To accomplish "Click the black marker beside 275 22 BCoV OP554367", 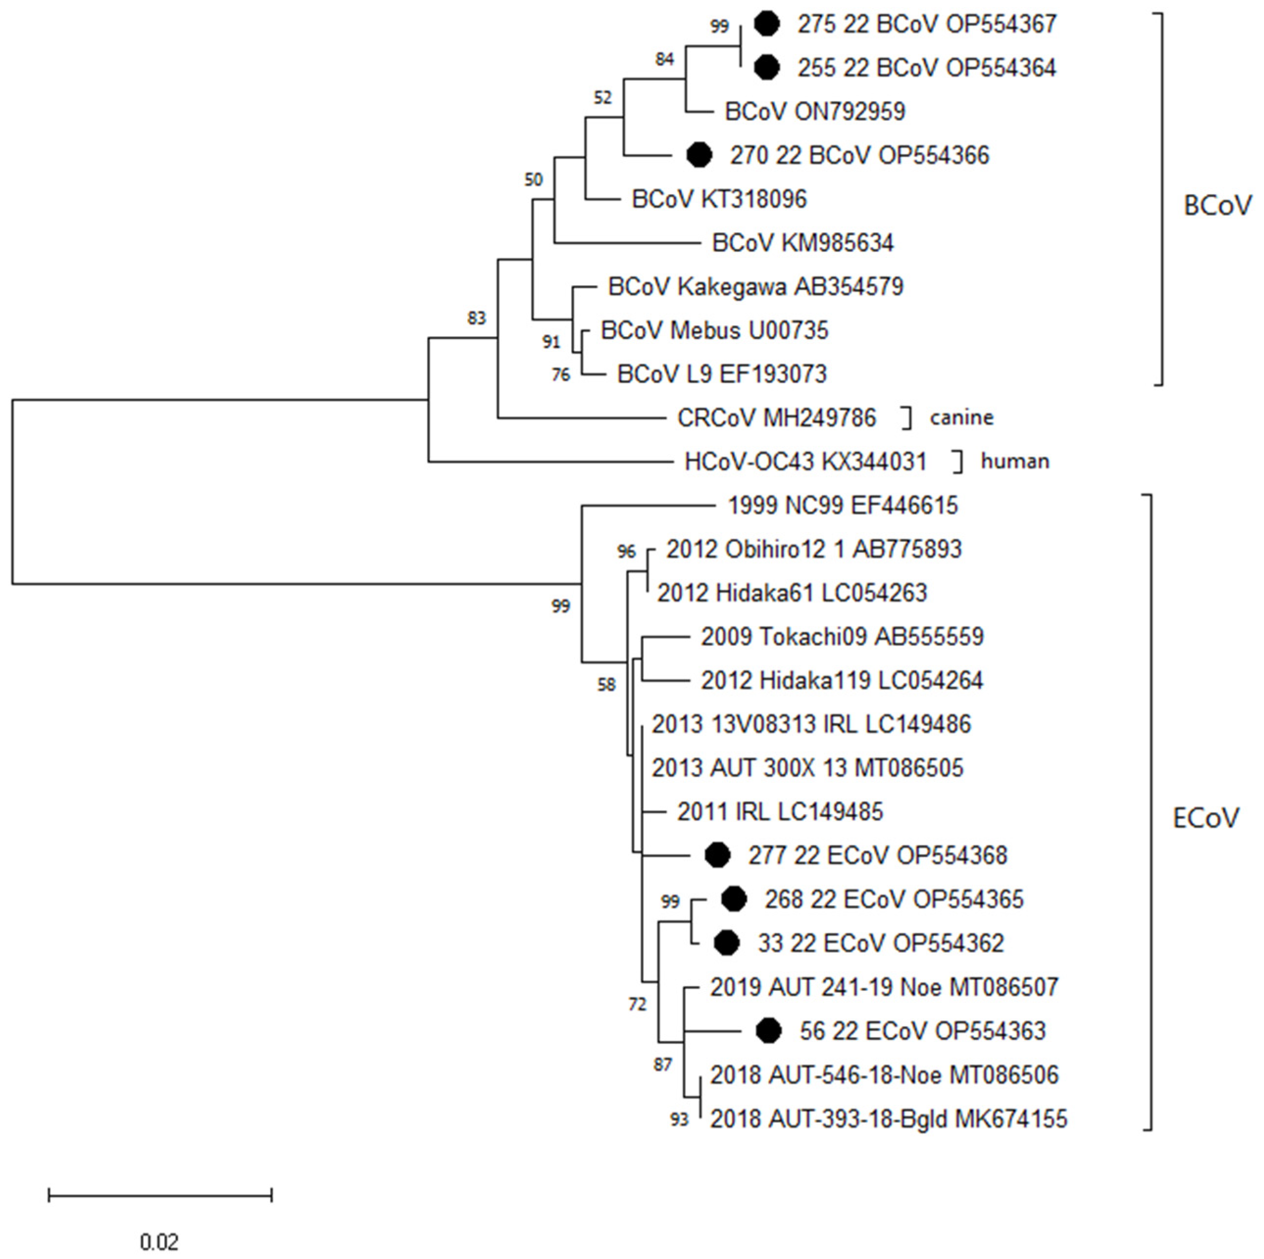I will coord(767,24).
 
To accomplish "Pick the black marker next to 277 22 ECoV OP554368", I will coord(717,856).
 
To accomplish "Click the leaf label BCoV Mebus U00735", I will coord(715,330).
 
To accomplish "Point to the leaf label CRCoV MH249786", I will coord(776,418).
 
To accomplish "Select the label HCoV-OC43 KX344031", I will coord(805,462).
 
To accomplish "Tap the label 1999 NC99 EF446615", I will coord(843,506).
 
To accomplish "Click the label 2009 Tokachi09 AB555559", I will coord(842,637).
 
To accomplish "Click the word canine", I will coord(961,417).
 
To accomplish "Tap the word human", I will coord(1014,462).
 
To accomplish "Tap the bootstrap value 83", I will coord(476,319).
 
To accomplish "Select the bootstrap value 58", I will coord(606,685).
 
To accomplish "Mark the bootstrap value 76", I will coord(561,375).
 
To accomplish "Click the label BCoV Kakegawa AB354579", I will coord(756,287).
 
